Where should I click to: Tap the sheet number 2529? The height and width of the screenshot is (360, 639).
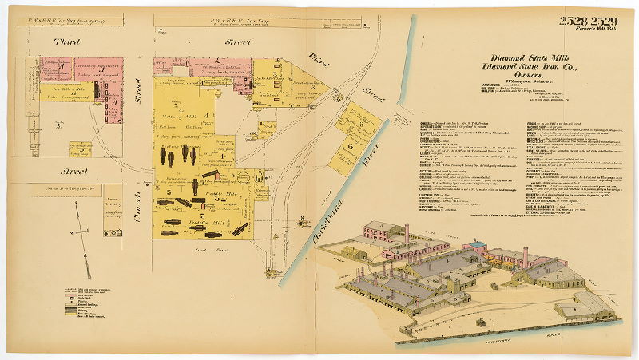point(607,21)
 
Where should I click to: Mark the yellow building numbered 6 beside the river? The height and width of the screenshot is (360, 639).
point(351,147)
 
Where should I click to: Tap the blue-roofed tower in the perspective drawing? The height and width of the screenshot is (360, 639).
point(476,244)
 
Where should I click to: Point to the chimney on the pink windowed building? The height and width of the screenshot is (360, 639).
point(406,232)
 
